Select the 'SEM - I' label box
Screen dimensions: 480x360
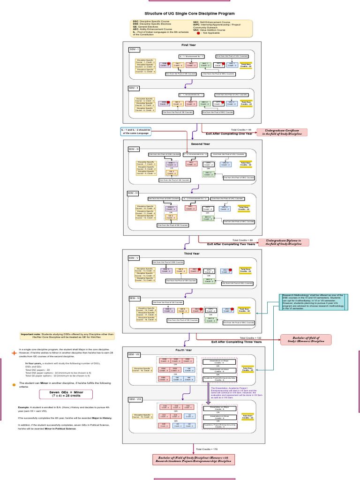134,50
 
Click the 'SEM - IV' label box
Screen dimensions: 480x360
133,193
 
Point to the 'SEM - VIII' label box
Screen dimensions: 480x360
135,399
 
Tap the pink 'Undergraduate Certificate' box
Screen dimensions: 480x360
282,132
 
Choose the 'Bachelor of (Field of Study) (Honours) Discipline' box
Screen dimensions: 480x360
306,339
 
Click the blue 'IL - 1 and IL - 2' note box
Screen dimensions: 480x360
136,132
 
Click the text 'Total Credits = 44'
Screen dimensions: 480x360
241,129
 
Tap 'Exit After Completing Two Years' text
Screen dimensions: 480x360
231,244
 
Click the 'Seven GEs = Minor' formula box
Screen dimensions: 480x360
66,393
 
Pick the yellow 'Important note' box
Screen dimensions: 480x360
67,336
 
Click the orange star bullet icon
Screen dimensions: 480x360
14,352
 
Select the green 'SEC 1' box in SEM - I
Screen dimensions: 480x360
204,65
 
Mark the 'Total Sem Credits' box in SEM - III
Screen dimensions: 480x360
246,164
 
